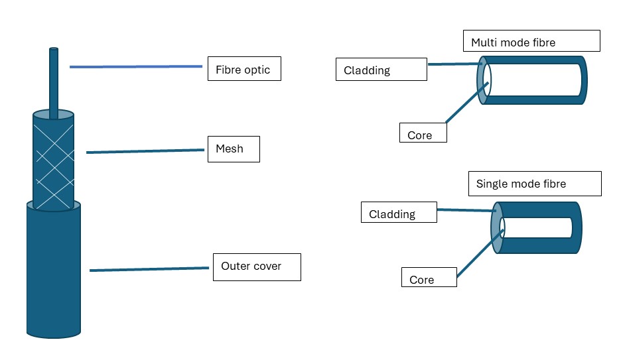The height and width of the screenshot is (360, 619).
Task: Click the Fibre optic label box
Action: [x=243, y=69]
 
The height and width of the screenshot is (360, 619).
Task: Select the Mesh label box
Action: [x=232, y=149]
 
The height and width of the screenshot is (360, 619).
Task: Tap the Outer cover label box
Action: [x=256, y=267]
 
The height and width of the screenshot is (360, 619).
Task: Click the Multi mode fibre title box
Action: [x=531, y=41]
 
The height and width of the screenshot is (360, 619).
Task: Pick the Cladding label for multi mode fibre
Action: [x=381, y=70]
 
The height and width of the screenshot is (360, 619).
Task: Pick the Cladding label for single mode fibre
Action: [x=399, y=213]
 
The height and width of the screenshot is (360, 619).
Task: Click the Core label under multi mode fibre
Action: [x=423, y=133]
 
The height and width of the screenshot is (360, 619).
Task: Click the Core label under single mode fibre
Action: [x=429, y=277]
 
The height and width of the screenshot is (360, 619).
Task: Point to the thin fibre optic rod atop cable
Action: [x=54, y=80]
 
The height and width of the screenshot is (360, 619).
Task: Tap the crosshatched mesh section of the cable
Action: [x=53, y=159]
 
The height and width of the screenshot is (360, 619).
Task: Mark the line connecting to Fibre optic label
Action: [x=136, y=66]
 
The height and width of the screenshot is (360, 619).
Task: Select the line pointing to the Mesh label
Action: [x=145, y=151]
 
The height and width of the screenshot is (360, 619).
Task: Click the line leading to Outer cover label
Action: [x=149, y=269]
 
